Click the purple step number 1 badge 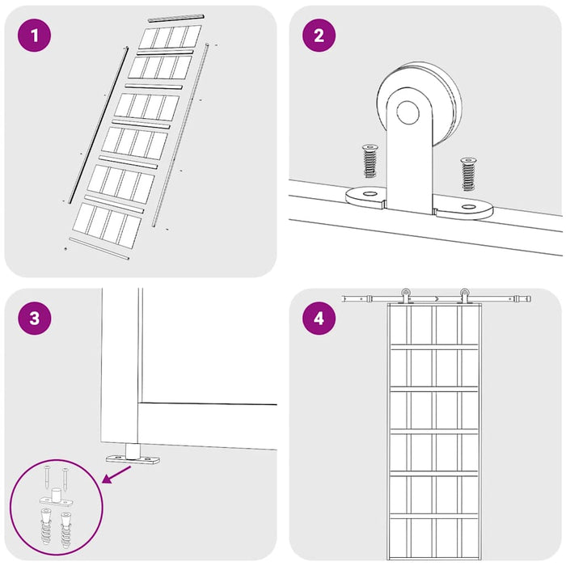click(35, 36)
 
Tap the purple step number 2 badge click(319, 36)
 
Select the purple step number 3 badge click(35, 319)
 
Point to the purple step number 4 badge click(319, 319)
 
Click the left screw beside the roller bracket click(370, 161)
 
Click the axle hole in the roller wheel click(408, 112)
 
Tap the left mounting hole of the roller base click(369, 194)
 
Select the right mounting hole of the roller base click(468, 207)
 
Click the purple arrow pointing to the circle click(117, 474)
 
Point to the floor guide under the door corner click(133, 454)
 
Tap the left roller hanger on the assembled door click(406, 296)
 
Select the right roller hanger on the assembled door click(464, 296)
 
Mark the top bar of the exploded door click(176, 18)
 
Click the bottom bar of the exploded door click(99, 249)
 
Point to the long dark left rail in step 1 click(99, 125)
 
